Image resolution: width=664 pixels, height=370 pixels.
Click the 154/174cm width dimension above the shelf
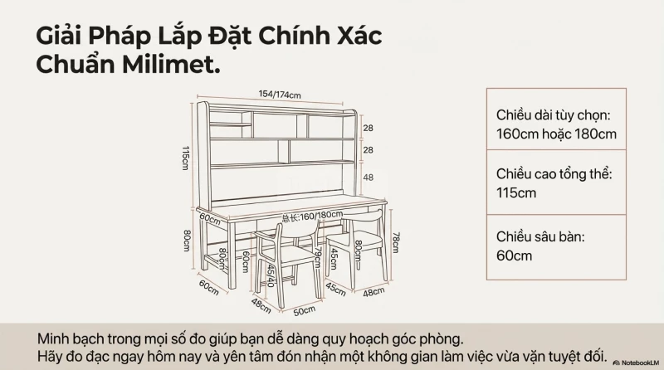(280, 94)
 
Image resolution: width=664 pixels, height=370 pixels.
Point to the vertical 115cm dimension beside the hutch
(185, 158)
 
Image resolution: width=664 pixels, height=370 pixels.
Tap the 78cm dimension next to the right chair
(395, 242)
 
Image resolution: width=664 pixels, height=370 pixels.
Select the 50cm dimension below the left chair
(305, 311)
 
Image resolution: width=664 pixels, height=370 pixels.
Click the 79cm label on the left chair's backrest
(318, 258)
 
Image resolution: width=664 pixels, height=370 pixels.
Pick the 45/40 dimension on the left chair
(271, 276)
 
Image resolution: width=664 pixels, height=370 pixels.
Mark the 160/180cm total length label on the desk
(313, 217)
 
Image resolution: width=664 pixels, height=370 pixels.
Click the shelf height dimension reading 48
(368, 178)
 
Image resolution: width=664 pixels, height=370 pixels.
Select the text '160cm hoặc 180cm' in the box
(556, 134)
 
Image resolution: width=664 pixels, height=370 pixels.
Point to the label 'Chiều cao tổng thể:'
(554, 174)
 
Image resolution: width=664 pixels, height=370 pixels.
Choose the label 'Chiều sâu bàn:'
(540, 236)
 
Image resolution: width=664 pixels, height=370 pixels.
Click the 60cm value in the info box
(514, 256)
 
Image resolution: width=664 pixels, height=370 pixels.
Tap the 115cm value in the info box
(516, 193)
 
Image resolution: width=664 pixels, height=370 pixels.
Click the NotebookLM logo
(637, 363)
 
